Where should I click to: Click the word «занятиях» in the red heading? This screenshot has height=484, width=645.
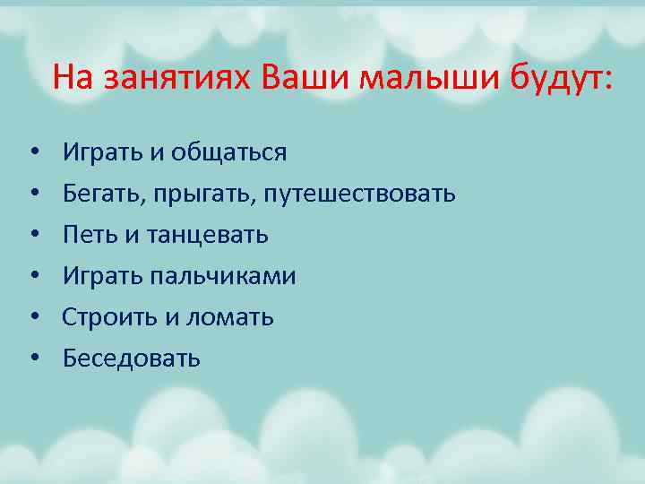tap(179, 79)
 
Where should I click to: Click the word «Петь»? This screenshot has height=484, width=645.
tap(89, 236)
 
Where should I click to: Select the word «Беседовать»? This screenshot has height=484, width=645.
tap(132, 359)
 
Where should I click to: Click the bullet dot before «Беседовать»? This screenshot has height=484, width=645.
tap(33, 359)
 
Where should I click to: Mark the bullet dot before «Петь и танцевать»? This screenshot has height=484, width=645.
tap(33, 236)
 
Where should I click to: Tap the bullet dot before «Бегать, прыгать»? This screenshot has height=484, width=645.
tap(33, 194)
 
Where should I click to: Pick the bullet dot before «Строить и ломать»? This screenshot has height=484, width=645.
tap(33, 318)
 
